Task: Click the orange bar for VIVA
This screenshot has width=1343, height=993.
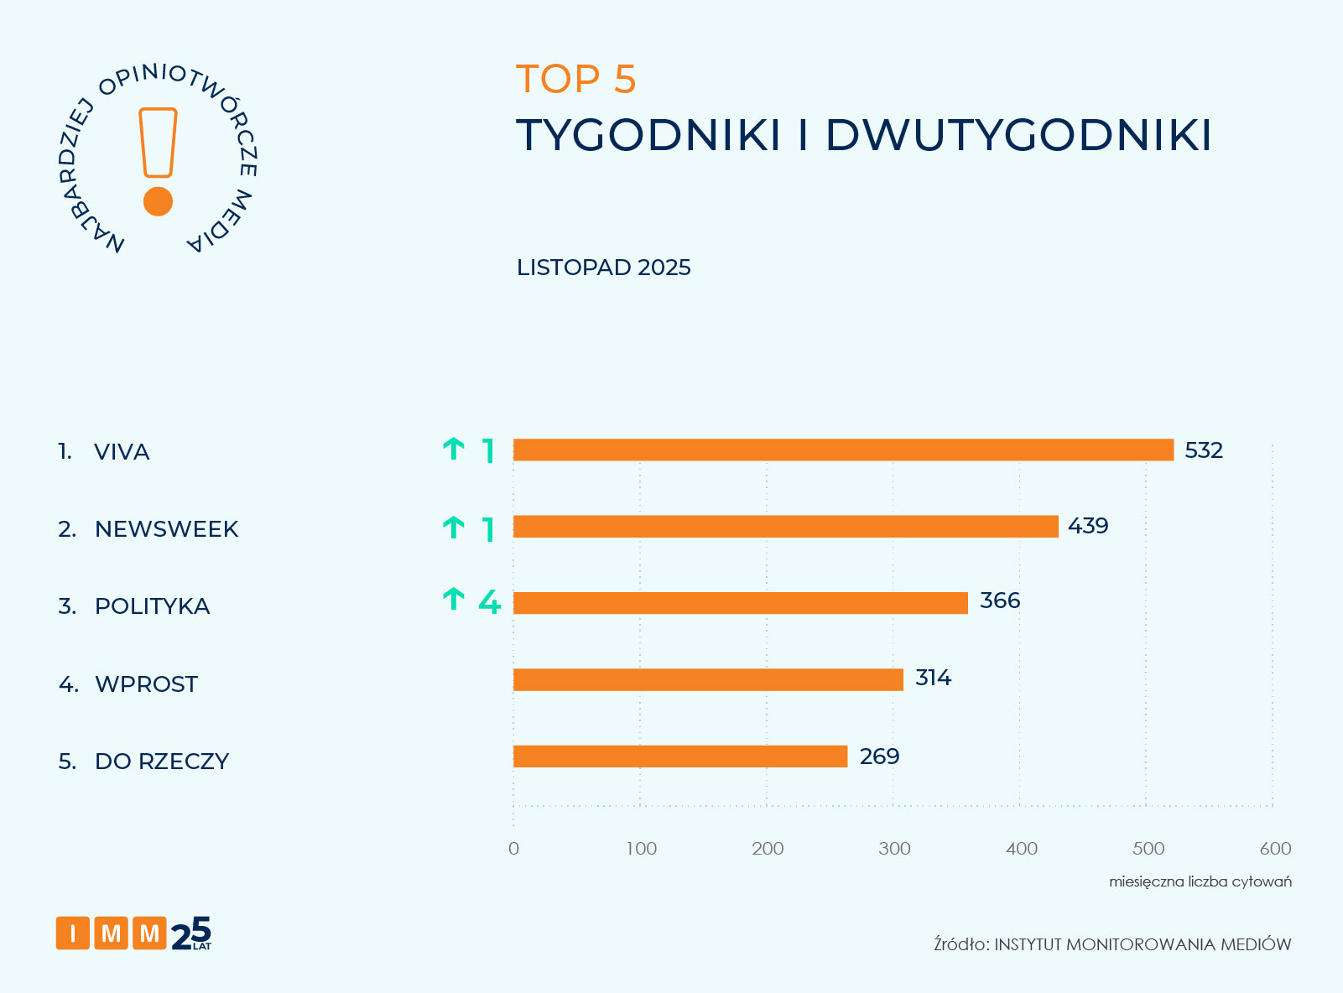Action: click(843, 450)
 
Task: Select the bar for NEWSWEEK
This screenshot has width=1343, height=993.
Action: click(786, 527)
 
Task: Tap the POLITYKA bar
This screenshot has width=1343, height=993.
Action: click(741, 603)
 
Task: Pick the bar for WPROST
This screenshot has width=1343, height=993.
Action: click(708, 679)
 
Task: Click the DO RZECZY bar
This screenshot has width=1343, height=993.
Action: click(680, 756)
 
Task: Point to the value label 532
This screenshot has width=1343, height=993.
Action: click(1204, 450)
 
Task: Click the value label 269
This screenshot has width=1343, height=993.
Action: click(879, 756)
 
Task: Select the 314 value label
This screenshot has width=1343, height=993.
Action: click(933, 678)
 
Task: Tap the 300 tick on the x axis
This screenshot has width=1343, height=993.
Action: click(894, 849)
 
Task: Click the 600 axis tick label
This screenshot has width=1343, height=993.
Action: click(1275, 849)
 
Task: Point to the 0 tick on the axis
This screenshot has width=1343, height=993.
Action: click(513, 849)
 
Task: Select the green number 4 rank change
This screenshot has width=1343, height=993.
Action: click(489, 602)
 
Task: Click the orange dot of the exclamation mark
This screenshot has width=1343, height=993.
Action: click(158, 201)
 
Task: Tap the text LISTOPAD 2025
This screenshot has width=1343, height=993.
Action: click(603, 268)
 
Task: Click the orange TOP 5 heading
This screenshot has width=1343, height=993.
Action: click(576, 80)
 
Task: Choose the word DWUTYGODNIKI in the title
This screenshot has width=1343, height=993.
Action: click(1018, 135)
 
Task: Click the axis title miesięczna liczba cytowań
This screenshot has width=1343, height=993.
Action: click(1200, 881)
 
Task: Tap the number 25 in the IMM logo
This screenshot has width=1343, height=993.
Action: click(191, 933)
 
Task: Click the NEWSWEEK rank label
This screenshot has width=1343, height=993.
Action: click(166, 529)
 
